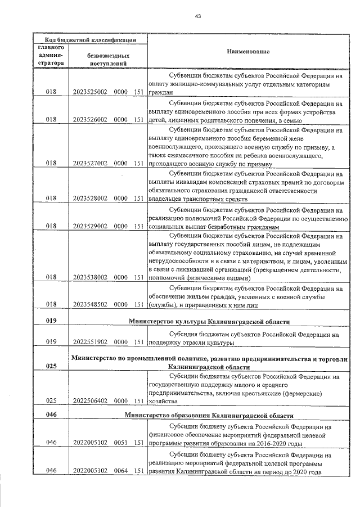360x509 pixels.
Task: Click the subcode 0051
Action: pyautogui.click(x=121, y=443)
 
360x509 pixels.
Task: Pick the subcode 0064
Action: pyautogui.click(x=121, y=470)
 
